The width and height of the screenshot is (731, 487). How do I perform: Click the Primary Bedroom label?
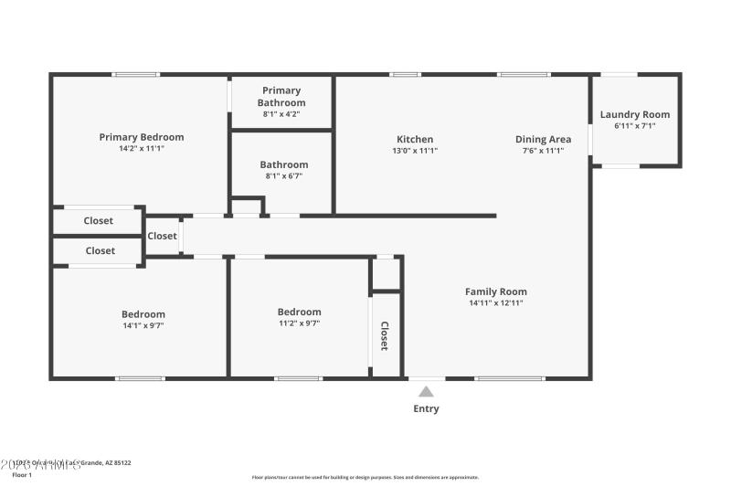142,137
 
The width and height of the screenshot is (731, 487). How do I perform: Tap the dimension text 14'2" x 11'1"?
142,148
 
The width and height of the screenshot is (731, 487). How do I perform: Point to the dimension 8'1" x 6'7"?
283,175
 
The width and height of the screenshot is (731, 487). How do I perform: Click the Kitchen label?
415,140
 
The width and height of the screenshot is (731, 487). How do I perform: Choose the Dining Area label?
543,140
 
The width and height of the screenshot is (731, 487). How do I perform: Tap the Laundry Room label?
635,114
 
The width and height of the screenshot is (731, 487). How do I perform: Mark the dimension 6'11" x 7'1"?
635,126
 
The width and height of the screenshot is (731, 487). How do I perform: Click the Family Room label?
496,291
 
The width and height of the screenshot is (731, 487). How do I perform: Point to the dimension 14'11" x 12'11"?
496,303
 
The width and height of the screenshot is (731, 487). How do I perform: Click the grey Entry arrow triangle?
426,392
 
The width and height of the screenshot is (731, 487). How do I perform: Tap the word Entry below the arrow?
426,408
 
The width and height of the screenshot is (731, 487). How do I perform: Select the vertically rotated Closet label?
385,336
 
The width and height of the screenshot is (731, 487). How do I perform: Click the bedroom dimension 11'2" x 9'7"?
300,323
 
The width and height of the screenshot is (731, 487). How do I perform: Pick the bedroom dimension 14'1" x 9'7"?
143,325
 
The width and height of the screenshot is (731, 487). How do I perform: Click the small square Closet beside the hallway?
162,236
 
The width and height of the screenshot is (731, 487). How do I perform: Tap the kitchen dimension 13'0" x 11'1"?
415,151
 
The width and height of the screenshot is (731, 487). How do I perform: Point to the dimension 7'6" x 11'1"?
543,151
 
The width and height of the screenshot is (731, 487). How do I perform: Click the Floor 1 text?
22,475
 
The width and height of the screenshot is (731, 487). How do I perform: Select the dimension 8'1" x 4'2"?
281,114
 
